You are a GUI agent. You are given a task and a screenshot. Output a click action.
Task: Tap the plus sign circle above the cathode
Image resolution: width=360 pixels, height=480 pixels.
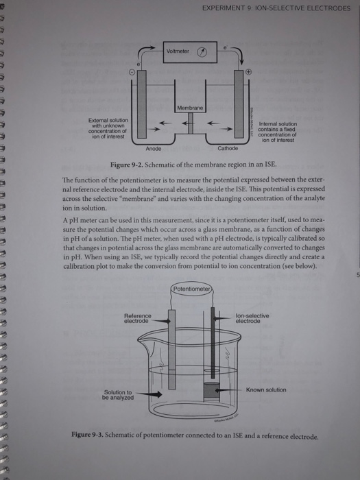click(x=249, y=71)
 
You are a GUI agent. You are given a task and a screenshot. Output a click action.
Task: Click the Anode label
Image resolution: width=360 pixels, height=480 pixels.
click(x=154, y=148)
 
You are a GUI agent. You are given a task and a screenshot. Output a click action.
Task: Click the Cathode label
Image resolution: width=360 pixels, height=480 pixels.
click(x=227, y=148)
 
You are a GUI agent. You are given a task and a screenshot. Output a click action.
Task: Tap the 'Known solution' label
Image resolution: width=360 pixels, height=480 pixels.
click(x=267, y=389)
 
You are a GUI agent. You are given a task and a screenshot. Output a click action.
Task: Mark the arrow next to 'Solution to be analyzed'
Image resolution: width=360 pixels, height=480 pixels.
click(x=152, y=394)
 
